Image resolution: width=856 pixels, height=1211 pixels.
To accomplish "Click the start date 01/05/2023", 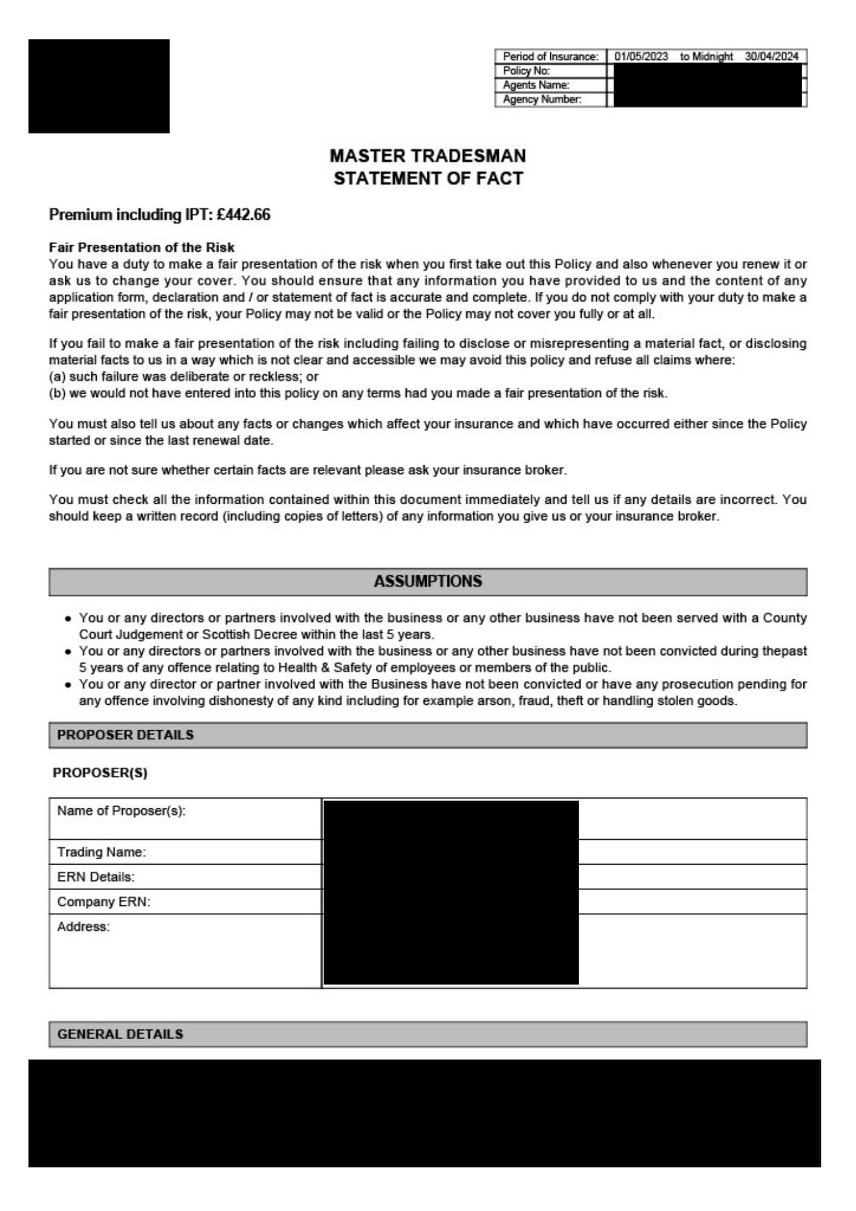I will click(x=641, y=56).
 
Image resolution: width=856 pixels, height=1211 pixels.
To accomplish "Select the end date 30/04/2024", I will click(x=771, y=56).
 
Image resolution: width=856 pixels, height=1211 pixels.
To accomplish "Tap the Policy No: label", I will click(x=526, y=71).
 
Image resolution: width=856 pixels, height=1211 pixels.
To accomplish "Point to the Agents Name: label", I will click(x=536, y=85).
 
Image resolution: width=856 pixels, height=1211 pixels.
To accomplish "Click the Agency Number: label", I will click(x=542, y=100).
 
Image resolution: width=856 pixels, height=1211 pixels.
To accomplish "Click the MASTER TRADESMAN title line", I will click(x=427, y=156).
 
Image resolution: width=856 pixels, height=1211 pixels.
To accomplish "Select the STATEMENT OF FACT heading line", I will click(x=427, y=179).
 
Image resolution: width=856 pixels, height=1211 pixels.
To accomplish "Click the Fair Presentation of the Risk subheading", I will click(x=142, y=248).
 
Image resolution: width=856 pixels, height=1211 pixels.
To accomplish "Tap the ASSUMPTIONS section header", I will click(x=427, y=581).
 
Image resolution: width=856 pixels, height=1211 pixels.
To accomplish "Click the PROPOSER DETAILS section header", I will click(x=125, y=735).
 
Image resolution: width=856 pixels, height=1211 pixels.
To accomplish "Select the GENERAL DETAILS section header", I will click(x=120, y=1034).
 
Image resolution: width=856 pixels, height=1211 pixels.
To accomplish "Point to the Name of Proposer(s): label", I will click(x=121, y=811).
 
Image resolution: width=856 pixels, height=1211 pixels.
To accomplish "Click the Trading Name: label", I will click(x=101, y=853).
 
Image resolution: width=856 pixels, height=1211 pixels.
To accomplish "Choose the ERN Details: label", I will click(x=96, y=877).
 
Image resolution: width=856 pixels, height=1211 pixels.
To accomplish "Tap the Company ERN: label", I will click(x=104, y=902).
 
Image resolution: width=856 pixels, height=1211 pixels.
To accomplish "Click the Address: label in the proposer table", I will click(x=84, y=927).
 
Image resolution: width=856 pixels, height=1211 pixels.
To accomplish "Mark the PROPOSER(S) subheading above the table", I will click(x=100, y=773).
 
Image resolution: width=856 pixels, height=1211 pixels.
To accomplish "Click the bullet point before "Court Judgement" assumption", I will click(x=68, y=619).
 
